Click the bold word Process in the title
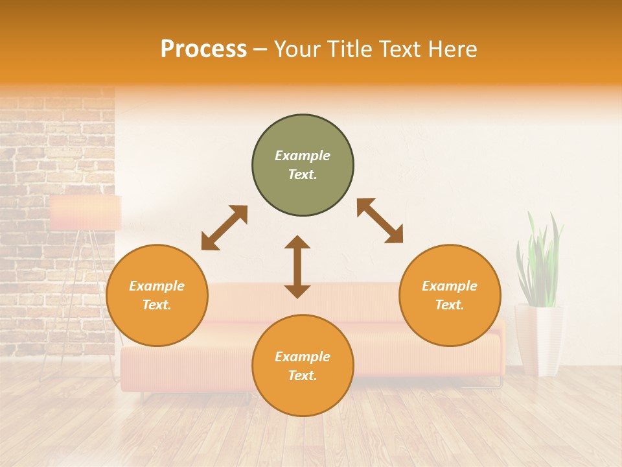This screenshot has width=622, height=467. [203, 49]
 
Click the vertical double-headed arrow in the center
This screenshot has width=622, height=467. [297, 267]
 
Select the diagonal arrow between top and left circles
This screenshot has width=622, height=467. [224, 228]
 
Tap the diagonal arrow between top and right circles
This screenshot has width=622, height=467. [380, 221]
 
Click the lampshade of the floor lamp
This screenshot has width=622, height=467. [86, 213]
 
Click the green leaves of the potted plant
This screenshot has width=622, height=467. [540, 259]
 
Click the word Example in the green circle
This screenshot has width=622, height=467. [303, 156]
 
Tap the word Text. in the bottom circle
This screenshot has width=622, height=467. [303, 376]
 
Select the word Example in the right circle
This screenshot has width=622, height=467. [450, 286]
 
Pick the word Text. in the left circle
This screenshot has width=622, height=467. [157, 305]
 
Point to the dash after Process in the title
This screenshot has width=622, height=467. [260, 50]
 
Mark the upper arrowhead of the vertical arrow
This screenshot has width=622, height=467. [297, 244]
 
